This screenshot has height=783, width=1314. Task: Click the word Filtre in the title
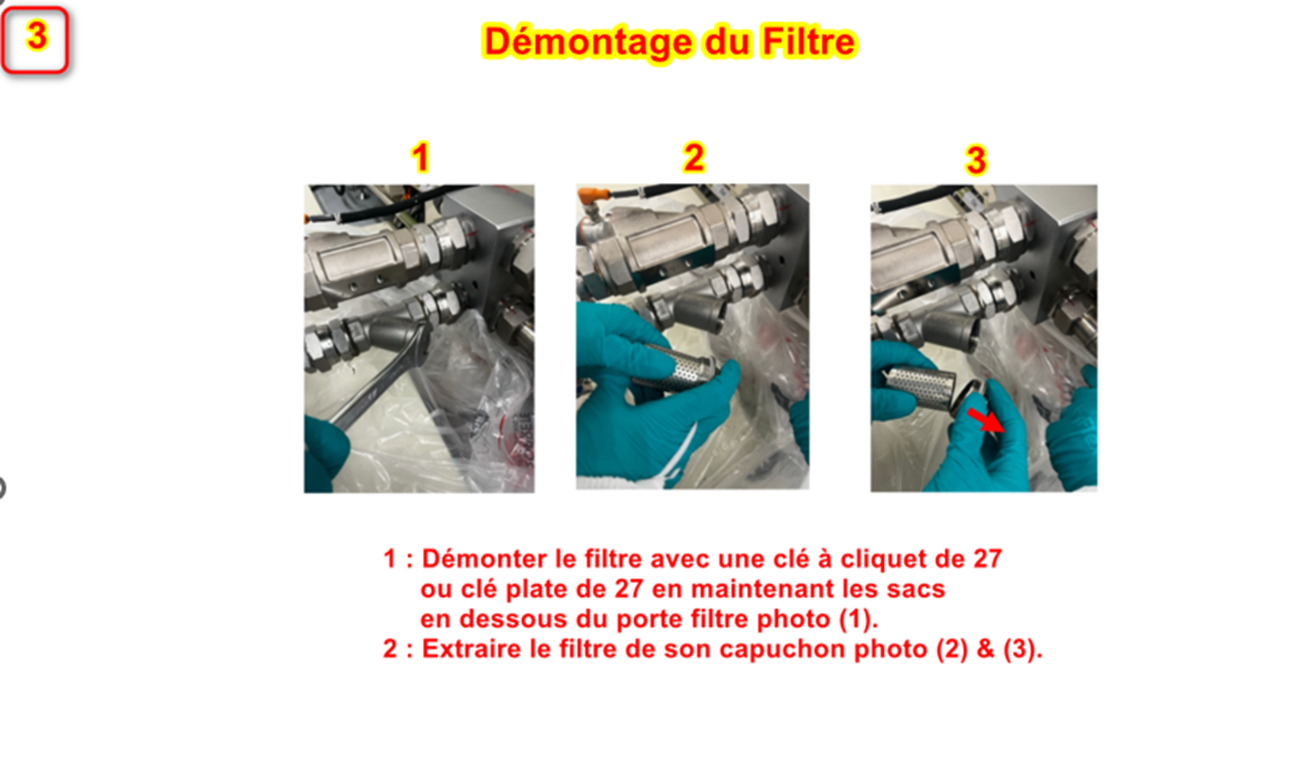pyautogui.click(x=809, y=41)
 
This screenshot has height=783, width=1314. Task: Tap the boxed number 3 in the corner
pyautogui.click(x=36, y=37)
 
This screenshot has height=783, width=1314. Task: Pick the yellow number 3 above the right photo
pyautogui.click(x=976, y=160)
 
